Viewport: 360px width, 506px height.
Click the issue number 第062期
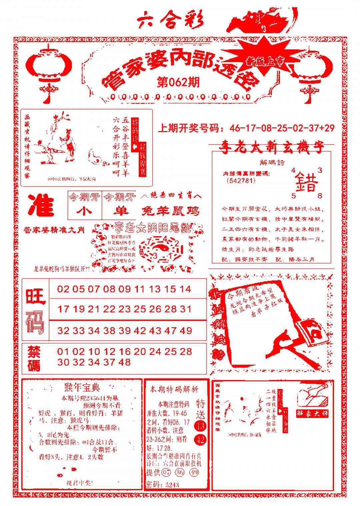coord(178,82)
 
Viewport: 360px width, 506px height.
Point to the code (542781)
coord(240,181)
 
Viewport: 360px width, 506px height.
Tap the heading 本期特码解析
coord(174,389)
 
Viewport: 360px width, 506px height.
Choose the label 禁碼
coord(34,358)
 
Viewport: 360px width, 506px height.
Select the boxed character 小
coord(85,211)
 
